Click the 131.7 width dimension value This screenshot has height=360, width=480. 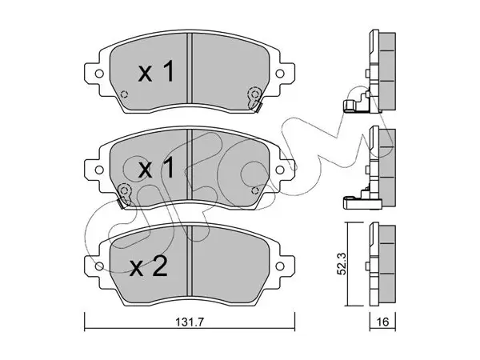point(190,322)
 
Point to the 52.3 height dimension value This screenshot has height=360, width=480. point(342,263)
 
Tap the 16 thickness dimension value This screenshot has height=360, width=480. point(382,322)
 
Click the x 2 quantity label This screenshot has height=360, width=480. point(149,266)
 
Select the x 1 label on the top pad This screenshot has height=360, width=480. point(156,72)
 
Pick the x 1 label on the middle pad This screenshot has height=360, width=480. point(156,168)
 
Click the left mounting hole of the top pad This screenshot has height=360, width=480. point(99,74)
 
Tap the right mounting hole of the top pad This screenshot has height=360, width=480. point(279,74)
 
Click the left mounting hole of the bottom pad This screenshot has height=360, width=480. point(99,266)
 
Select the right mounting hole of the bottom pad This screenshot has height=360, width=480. point(279,266)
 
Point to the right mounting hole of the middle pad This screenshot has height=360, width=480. point(279,170)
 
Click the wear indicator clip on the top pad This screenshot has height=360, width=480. point(254,99)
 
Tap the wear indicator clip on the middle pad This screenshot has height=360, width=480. point(124,196)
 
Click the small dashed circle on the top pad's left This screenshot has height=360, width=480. point(124,94)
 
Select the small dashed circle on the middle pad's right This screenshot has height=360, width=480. point(254,190)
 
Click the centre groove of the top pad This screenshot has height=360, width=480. point(190,68)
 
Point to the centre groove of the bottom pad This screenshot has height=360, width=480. point(190,261)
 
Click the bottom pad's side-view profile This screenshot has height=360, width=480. point(382,264)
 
